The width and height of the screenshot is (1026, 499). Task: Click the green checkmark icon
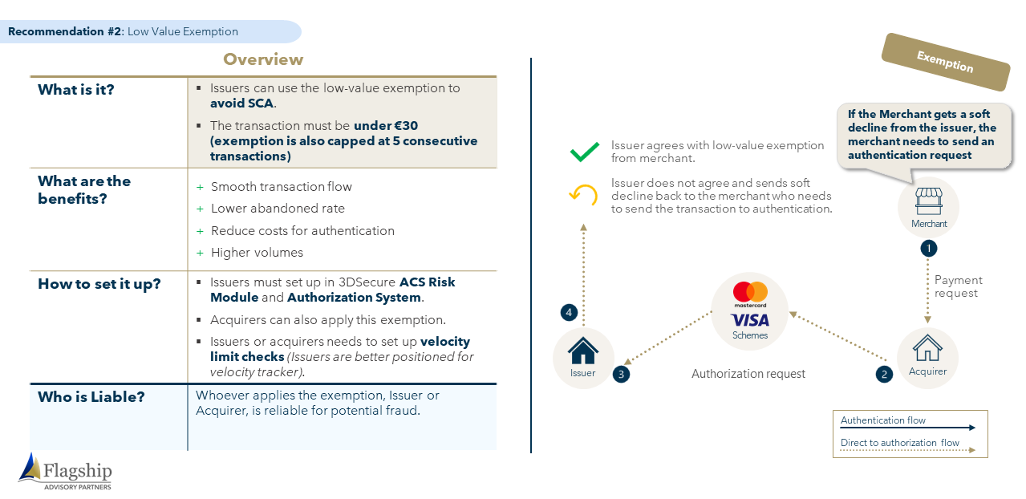(x=585, y=152)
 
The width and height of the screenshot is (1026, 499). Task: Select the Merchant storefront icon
(x=928, y=201)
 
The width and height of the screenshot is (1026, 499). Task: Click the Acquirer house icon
(x=927, y=348)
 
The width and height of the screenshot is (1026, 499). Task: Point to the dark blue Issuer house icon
(x=583, y=351)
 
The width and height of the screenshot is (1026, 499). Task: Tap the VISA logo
(x=750, y=320)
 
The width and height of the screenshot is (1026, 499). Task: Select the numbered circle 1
(x=928, y=249)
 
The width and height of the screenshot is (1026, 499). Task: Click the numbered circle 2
(x=884, y=375)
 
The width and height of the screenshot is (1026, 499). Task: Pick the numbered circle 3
(x=621, y=375)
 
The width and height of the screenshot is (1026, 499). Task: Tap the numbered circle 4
(x=569, y=313)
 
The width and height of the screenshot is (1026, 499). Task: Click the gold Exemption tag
(x=946, y=62)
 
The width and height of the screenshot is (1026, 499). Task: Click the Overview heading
(x=263, y=59)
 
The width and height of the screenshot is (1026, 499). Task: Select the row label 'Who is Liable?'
(x=91, y=397)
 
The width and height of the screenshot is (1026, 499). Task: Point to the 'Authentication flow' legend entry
(x=882, y=420)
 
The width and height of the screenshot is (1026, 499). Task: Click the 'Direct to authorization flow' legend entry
(x=899, y=443)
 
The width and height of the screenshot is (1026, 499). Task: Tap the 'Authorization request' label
(x=748, y=374)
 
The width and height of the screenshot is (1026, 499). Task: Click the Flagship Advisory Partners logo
(x=65, y=472)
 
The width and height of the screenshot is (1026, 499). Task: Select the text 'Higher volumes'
(x=257, y=253)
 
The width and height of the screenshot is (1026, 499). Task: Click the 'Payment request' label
(x=958, y=286)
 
